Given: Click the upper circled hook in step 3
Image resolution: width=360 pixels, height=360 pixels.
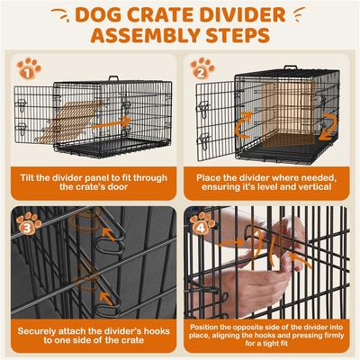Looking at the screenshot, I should pos(112,238).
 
